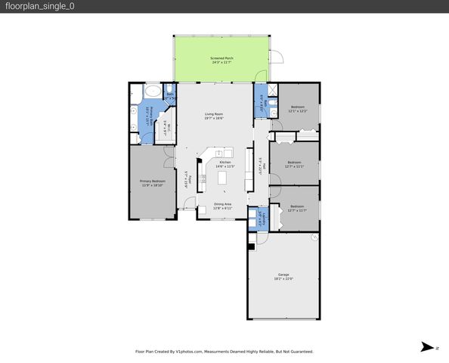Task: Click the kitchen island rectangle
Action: [223, 178]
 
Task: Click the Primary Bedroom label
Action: [152, 182]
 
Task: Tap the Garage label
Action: [283, 276]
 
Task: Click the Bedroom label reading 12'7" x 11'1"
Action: [294, 164]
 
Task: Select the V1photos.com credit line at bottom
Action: [224, 352]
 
